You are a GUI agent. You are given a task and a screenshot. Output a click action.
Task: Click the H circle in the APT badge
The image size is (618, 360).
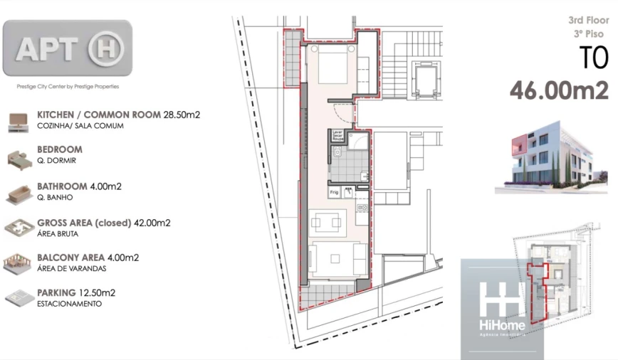pyautogui.click(x=106, y=49)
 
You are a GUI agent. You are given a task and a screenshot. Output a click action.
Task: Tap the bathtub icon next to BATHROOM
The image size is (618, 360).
pyautogui.click(x=19, y=192)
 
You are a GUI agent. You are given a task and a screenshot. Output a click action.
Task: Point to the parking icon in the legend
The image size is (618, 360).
pyautogui.click(x=19, y=297)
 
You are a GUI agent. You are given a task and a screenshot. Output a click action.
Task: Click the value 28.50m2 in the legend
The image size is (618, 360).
pyautogui.click(x=183, y=114)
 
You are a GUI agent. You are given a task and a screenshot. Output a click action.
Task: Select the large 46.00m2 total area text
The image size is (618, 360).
pyautogui.click(x=559, y=90)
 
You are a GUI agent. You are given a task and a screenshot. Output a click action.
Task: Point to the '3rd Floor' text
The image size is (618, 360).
pyautogui.click(x=588, y=21)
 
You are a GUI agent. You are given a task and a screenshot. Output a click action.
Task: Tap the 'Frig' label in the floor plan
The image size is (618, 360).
pyautogui.click(x=333, y=192)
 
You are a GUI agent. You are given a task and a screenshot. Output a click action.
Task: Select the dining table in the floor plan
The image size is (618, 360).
pyautogui.click(x=328, y=223)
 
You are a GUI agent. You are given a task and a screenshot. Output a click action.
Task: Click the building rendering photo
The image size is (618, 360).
pyautogui.click(x=552, y=162)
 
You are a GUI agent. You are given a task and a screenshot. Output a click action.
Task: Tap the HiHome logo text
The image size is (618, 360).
pyautogui.click(x=502, y=325)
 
